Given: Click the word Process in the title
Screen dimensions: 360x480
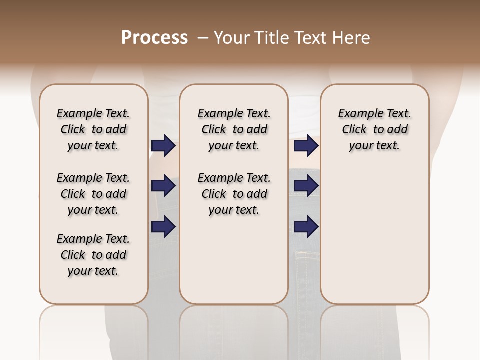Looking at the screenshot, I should (154, 38).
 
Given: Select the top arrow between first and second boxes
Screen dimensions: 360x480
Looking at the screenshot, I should (163, 146).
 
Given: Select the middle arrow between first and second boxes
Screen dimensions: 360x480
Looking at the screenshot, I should (163, 186).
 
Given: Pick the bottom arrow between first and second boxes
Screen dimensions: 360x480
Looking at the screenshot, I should (163, 227).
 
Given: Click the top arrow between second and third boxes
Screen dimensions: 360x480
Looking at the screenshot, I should (306, 146).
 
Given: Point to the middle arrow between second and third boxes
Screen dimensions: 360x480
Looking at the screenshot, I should (306, 186).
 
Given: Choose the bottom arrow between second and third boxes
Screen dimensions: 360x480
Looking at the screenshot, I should (306, 227).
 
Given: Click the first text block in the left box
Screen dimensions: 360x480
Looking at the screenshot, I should (93, 129).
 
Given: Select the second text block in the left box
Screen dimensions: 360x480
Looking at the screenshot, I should (93, 194).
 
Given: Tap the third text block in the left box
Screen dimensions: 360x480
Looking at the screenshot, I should (93, 255).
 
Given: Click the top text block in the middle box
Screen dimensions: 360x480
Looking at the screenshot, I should (234, 129).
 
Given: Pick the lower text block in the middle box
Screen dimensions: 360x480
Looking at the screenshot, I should (234, 194).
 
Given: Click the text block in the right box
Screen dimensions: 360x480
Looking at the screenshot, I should (374, 129).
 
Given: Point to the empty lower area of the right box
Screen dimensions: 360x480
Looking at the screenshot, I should (374, 235).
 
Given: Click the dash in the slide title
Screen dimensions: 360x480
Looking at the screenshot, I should (203, 38).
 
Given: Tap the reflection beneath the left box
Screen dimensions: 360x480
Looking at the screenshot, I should (93, 330).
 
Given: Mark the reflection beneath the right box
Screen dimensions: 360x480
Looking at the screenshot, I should (374, 330).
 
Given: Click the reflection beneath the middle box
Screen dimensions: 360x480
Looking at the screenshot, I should (234, 330).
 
